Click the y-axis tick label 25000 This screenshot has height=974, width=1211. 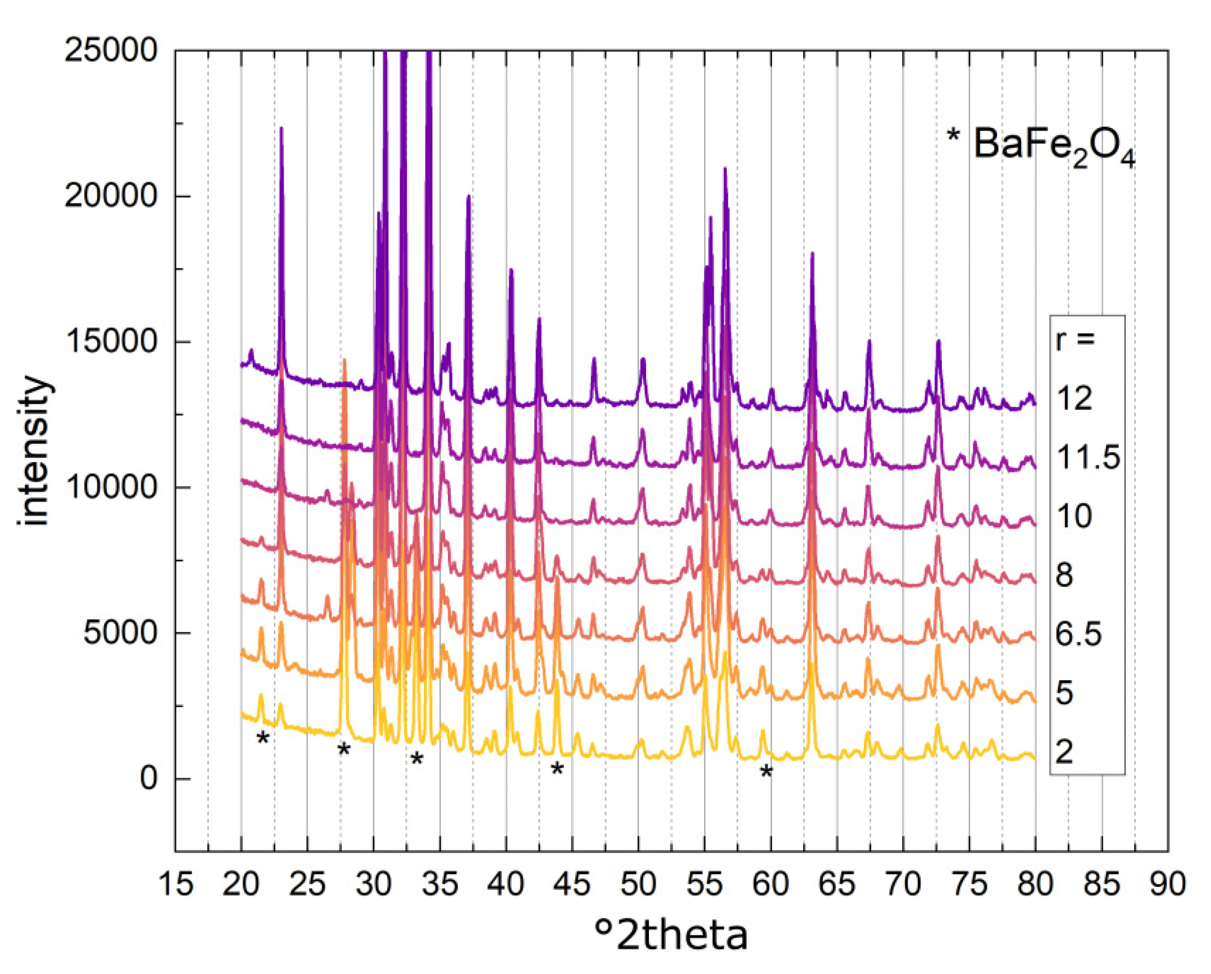coord(110,51)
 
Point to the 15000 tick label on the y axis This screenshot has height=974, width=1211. coord(110,342)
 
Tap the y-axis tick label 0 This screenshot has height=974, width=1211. coord(149,779)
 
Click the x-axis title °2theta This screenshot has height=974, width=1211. coord(671,936)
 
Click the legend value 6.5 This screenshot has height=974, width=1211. coord(1079,634)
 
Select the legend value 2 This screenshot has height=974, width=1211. coord(1064,752)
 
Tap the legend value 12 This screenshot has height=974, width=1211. coord(1074,398)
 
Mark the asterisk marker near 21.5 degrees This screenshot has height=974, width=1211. coord(262,739)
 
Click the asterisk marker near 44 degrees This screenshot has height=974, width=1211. coord(557,770)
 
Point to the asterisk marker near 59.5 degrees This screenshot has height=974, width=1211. coord(766,773)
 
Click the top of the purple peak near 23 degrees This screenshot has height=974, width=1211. coord(281,128)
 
